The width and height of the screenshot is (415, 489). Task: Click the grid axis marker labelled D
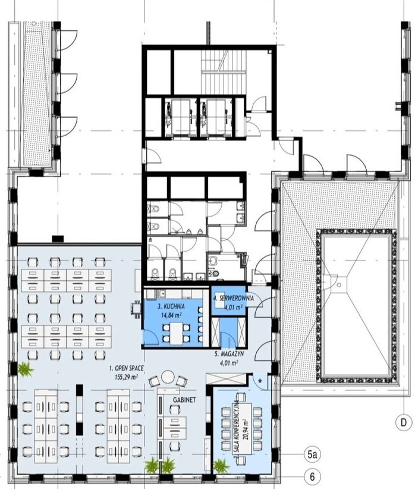pos(404,423)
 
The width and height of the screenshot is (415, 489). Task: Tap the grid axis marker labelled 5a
pos(312,454)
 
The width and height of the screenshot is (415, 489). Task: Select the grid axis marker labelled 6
pos(312,477)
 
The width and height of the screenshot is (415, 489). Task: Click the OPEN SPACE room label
pos(126,368)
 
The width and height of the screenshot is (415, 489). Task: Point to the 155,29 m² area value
pos(126,377)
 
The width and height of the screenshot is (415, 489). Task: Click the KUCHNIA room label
pos(171,306)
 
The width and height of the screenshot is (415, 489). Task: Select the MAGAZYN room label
pos(229,355)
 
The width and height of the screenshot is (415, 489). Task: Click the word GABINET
pos(184,400)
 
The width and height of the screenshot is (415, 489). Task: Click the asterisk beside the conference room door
pos(260,381)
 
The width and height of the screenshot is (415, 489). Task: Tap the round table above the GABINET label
pos(168,378)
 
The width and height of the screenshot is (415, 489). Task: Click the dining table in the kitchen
pos(177,333)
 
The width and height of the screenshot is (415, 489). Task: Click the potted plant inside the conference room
pos(221,465)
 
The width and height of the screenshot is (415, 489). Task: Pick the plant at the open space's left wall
pos(26,369)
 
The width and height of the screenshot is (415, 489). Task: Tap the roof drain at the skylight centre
pos(339,285)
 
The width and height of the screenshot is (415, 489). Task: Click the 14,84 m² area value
pos(171,315)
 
